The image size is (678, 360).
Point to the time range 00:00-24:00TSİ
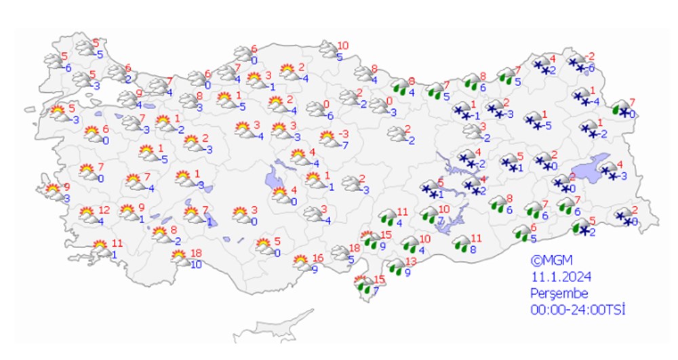(x=578, y=310)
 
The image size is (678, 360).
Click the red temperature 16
(x=318, y=258)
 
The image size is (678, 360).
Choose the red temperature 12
(x=104, y=210)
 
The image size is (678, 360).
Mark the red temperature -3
(x=344, y=134)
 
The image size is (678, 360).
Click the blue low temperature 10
(x=195, y=264)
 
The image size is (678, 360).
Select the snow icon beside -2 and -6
(x=576, y=63)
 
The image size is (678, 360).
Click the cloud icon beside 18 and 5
(x=338, y=254)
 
